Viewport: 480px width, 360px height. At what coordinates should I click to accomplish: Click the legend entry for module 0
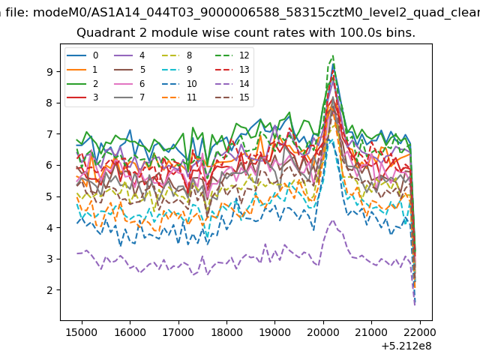coord(82,55)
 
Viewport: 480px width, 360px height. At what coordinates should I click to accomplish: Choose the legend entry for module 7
coord(130,97)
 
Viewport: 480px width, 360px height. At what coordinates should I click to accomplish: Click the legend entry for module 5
coord(130,70)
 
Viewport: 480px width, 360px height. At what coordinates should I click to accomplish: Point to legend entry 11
coord(179,97)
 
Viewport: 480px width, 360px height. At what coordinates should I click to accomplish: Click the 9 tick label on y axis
coord(49,72)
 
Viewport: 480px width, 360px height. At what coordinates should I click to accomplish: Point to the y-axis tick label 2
coord(49,290)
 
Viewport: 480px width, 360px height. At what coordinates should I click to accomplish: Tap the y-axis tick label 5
coord(49,196)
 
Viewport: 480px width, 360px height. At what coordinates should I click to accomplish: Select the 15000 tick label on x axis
coord(82,332)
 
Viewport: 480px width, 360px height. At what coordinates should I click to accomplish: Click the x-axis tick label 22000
coord(420,332)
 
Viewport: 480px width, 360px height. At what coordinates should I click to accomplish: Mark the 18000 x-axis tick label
coord(226,332)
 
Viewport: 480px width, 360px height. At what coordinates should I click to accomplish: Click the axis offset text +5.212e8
coord(406,346)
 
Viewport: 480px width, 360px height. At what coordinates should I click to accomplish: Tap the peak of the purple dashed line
coord(333,220)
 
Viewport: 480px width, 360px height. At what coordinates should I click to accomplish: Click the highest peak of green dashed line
coord(333,55)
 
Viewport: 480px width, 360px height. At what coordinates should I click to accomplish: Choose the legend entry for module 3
coord(82,97)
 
